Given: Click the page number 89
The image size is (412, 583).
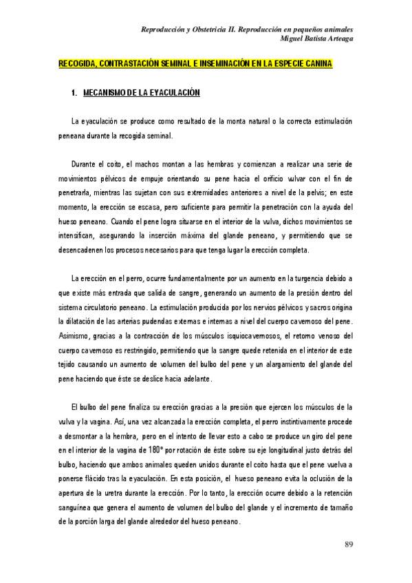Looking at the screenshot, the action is [349, 545].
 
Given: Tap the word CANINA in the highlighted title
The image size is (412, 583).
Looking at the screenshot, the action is [316, 65].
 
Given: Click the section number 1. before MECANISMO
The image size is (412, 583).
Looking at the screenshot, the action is [75, 93].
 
